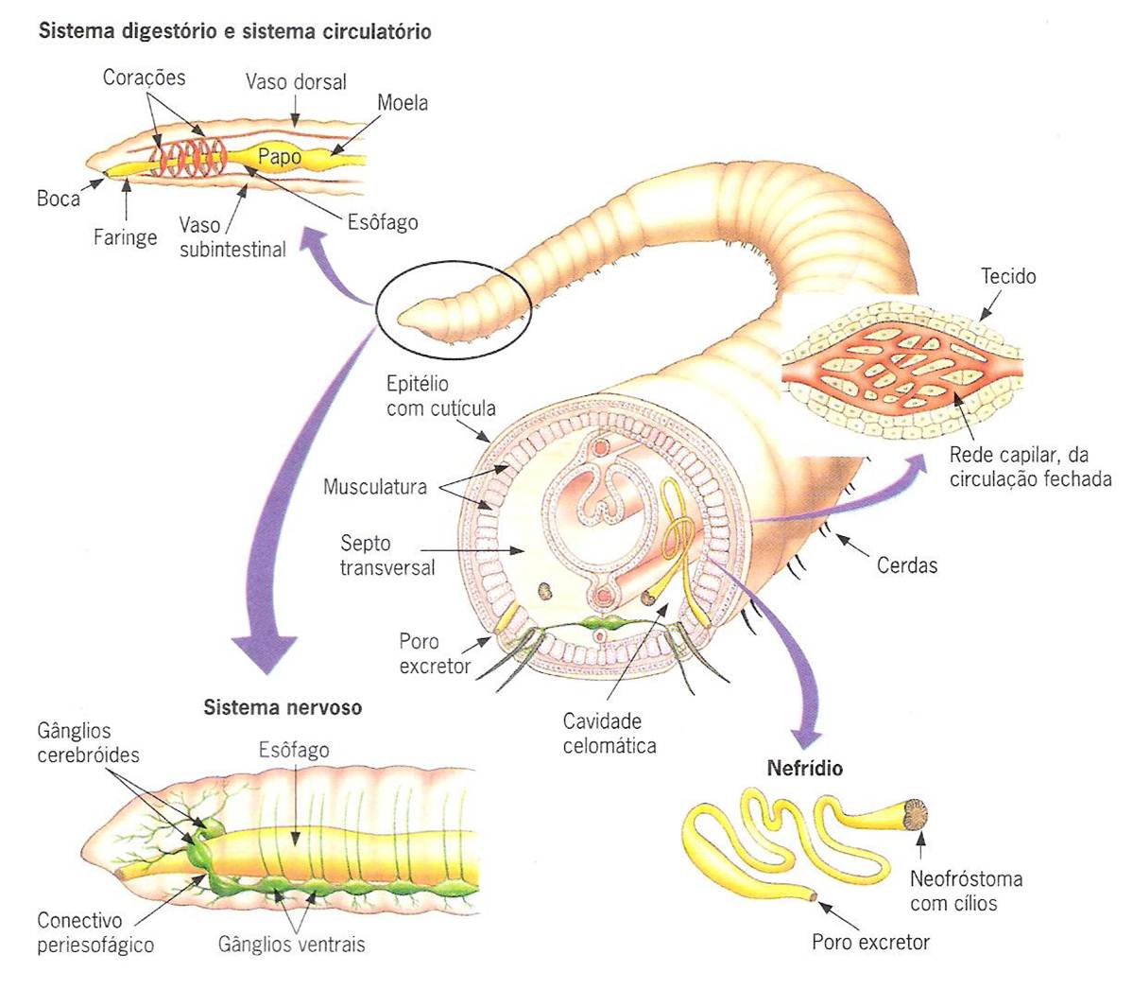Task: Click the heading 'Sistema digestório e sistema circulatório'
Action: tap(234, 32)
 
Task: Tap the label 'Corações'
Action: tap(145, 78)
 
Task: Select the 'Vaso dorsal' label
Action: tap(296, 82)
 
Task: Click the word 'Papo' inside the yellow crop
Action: tap(279, 157)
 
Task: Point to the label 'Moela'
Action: tap(403, 102)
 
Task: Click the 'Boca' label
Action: tap(59, 199)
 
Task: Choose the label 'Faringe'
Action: tap(125, 237)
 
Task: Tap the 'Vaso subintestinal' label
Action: tap(232, 237)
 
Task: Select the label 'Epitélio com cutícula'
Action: tap(440, 396)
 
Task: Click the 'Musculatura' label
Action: tap(375, 487)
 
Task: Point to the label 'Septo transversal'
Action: tap(387, 555)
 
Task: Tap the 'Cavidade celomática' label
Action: tap(609, 733)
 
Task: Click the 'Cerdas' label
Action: tap(907, 565)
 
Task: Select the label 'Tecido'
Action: tap(1008, 276)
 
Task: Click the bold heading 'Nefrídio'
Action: tap(804, 769)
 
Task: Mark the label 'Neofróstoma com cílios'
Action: tap(966, 891)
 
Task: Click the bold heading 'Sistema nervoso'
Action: tap(283, 707)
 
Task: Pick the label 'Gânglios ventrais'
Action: tap(291, 944)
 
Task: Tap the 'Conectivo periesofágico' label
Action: tap(94, 932)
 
